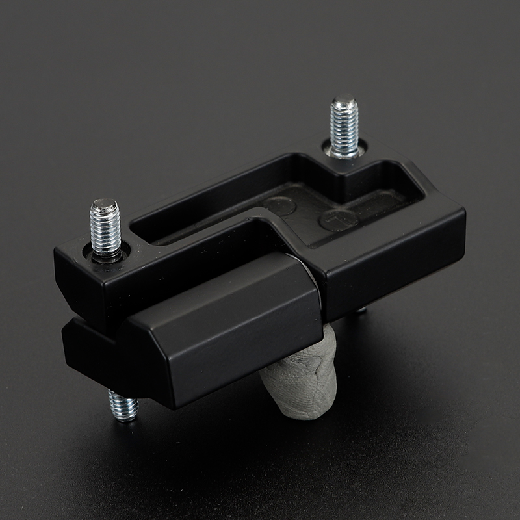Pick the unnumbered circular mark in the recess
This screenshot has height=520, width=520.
point(280,204)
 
